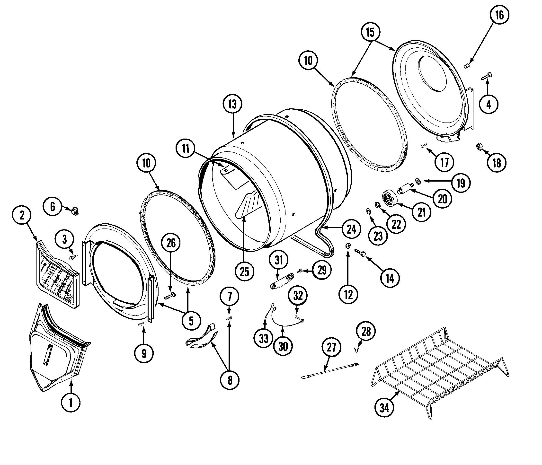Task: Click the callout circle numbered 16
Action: [499, 15]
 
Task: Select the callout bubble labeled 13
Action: [232, 104]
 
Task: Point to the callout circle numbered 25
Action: [244, 272]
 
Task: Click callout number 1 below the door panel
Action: [71, 403]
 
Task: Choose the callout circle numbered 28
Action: [366, 331]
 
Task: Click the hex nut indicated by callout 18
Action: [479, 147]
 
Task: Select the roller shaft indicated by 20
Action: [404, 189]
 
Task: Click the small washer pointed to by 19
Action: [418, 180]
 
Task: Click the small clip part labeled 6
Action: [75, 211]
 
